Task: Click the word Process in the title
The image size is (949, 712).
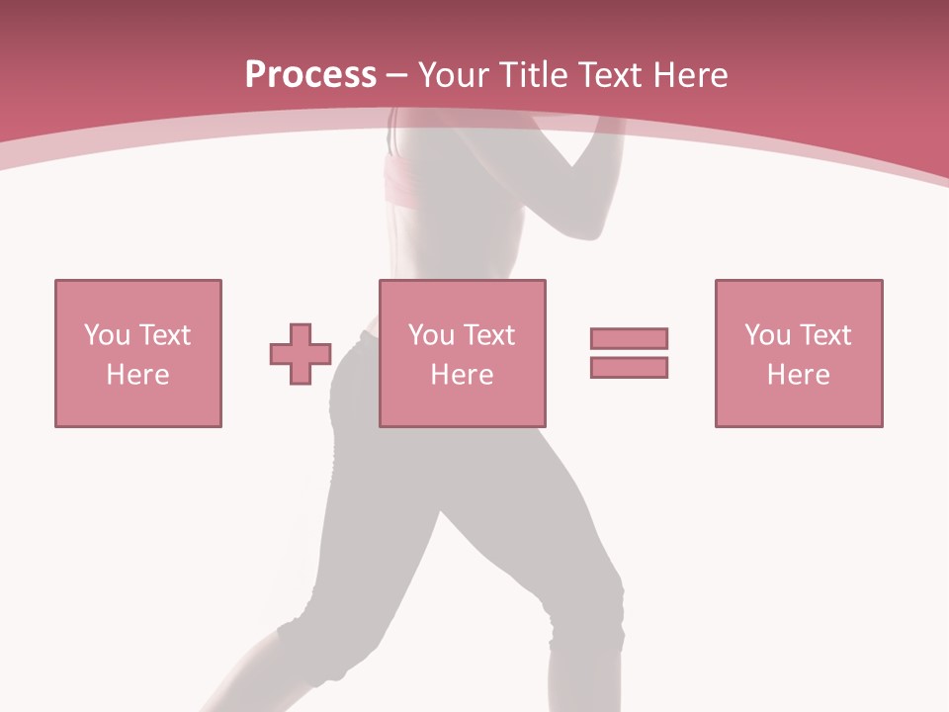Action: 310,75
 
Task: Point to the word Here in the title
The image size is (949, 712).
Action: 692,75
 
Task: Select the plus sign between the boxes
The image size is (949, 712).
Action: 301,354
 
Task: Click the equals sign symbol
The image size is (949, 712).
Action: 629,353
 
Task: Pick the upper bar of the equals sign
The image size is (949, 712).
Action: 629,339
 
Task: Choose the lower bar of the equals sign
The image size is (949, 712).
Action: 629,367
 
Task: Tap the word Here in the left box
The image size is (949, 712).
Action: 137,375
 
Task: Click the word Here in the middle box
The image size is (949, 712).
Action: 462,375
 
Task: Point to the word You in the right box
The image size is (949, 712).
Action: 767,335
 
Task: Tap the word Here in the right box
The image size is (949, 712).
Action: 798,375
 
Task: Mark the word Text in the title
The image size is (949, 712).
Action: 611,75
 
